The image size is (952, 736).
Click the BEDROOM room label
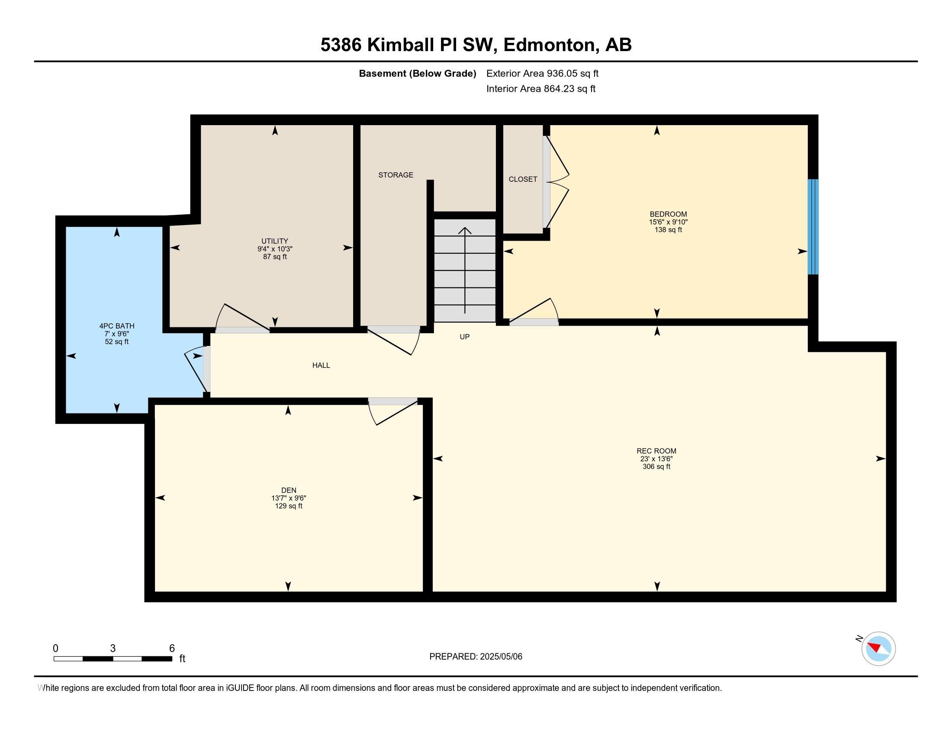(x=668, y=214)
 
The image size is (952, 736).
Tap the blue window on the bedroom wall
(x=813, y=227)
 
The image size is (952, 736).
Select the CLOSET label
(x=523, y=179)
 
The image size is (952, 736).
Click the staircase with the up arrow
(x=465, y=270)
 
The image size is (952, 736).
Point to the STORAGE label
(x=396, y=175)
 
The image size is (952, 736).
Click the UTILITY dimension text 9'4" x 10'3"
(x=275, y=249)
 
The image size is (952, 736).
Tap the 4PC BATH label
(x=116, y=326)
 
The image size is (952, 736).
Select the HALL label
(x=321, y=365)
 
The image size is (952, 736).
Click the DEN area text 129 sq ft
(x=288, y=506)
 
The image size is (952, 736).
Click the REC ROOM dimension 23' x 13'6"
(x=656, y=458)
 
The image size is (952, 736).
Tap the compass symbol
(x=878, y=649)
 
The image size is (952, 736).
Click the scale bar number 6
(x=172, y=648)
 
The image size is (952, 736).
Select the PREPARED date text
(x=476, y=656)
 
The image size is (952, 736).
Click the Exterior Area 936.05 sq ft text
(x=542, y=73)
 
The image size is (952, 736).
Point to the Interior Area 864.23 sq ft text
(x=540, y=88)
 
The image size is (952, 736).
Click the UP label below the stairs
(x=465, y=336)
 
